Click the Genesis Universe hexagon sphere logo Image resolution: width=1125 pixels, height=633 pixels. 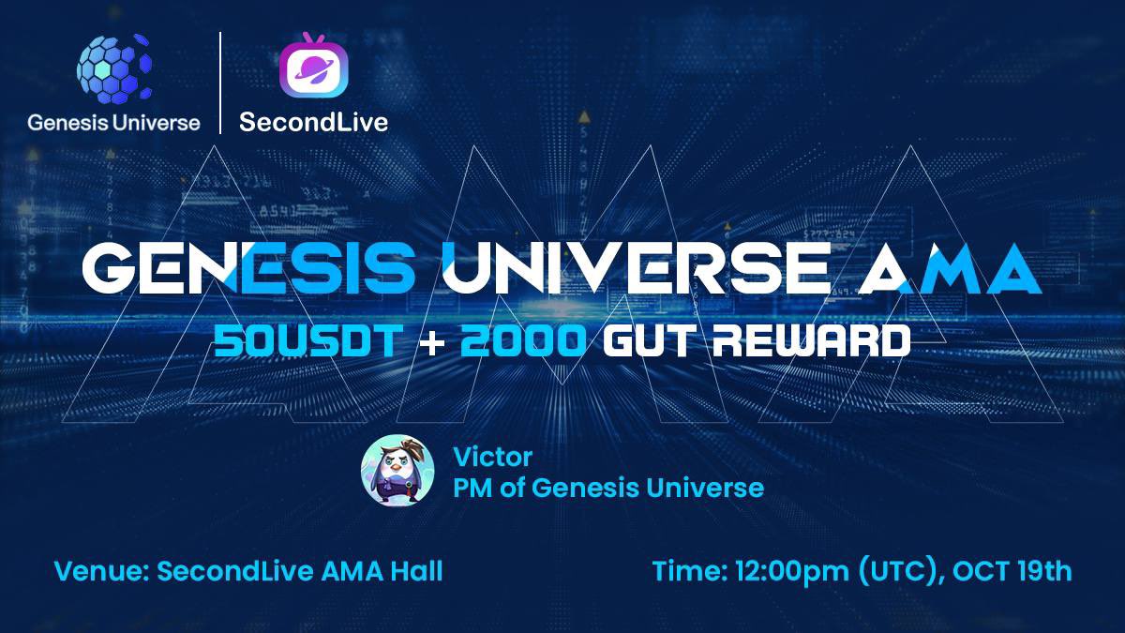(113, 69)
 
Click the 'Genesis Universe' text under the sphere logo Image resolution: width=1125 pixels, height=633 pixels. (113, 122)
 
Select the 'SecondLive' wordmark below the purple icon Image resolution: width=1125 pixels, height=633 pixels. (313, 122)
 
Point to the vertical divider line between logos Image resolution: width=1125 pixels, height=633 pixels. (220, 83)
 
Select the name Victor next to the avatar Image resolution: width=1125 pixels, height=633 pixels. (492, 458)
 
